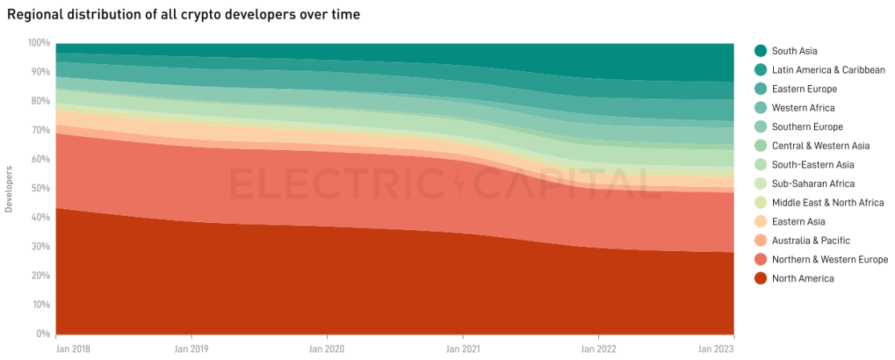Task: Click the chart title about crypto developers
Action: (x=183, y=14)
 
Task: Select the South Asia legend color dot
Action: (x=760, y=51)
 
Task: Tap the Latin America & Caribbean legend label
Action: (x=828, y=70)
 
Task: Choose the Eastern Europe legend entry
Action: (x=804, y=89)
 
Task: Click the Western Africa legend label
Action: (x=803, y=107)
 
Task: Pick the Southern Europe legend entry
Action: (x=807, y=127)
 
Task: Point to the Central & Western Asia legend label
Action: (x=820, y=146)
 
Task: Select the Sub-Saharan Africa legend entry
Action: (x=813, y=184)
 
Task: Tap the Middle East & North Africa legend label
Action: (x=828, y=203)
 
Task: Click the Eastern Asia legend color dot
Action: (x=760, y=221)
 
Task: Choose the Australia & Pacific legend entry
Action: (x=810, y=241)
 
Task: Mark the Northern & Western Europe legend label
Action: (x=829, y=260)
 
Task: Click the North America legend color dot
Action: (x=760, y=278)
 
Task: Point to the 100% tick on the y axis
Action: (x=38, y=42)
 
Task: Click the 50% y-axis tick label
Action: (x=40, y=188)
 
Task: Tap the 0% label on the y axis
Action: (x=43, y=334)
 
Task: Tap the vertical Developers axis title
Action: (x=9, y=188)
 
